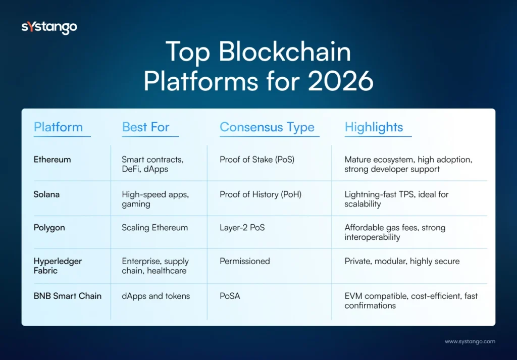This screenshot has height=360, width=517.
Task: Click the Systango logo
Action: [49, 27]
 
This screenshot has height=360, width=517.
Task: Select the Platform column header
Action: [58, 127]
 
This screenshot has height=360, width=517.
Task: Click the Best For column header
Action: [145, 127]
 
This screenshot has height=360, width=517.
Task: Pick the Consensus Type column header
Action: [267, 127]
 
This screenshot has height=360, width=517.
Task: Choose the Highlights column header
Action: [374, 127]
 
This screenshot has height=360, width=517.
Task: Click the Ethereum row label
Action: [52, 160]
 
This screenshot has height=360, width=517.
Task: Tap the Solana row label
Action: [46, 194]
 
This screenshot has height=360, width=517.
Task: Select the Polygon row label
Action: [49, 228]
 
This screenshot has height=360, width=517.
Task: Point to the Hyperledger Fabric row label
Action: [58, 266]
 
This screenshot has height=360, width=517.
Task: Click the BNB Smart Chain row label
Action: [67, 296]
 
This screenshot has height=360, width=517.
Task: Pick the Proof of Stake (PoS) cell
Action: [257, 160]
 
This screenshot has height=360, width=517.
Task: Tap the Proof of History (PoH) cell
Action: [261, 194]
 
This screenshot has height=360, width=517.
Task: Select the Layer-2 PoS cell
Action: [242, 228]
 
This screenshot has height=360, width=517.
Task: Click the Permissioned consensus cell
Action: [245, 261]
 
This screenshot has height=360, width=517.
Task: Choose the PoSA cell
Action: [230, 296]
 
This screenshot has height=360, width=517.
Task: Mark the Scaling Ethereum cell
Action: [154, 228]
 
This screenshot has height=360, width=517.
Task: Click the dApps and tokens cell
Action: [156, 296]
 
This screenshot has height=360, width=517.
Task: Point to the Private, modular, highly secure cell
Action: [402, 261]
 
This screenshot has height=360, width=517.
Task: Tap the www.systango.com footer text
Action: [470, 342]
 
